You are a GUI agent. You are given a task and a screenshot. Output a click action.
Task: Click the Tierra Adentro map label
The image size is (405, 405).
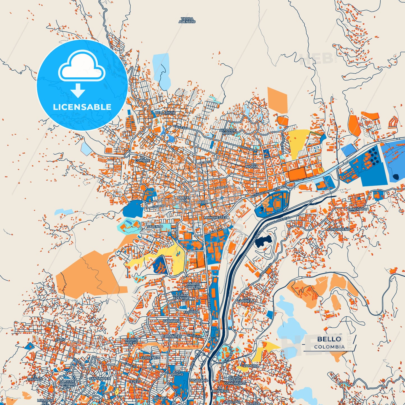pos(187,20)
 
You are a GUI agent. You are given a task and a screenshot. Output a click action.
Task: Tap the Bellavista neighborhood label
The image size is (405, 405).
pos(165,113)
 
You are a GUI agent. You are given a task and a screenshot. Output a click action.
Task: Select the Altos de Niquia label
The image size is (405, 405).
pos(228,132)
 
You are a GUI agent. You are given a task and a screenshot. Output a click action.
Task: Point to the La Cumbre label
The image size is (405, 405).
pos(142,159)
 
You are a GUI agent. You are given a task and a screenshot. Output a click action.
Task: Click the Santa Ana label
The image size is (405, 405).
pos(183,199)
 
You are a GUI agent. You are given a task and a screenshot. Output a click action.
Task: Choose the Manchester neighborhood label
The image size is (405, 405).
pos(216,217)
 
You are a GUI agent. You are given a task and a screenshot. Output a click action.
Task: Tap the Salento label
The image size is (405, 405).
pos(155,226)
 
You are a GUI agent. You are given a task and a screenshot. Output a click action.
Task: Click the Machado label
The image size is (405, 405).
pos(358,209)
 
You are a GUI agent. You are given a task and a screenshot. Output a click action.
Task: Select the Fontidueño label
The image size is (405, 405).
pos(339,229)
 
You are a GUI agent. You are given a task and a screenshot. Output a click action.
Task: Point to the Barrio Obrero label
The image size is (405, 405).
pos(193,285)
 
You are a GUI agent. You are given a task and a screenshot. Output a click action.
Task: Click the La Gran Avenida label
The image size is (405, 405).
pos(181,297)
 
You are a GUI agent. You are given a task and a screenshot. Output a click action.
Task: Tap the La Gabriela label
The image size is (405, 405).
pos(246,299)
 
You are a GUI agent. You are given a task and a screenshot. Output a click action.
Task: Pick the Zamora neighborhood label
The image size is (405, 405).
pos(251,366)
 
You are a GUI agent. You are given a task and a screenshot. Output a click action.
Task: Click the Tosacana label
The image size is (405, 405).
pos(199,380)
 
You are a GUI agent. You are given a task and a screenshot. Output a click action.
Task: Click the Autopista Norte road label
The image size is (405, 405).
pos(264,193)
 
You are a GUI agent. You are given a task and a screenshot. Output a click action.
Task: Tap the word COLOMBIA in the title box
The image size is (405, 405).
pos(329,347)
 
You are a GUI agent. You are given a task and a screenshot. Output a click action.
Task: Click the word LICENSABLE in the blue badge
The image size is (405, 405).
pos(82,107)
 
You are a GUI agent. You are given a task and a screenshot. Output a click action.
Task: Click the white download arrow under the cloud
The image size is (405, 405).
pos(78,91)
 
